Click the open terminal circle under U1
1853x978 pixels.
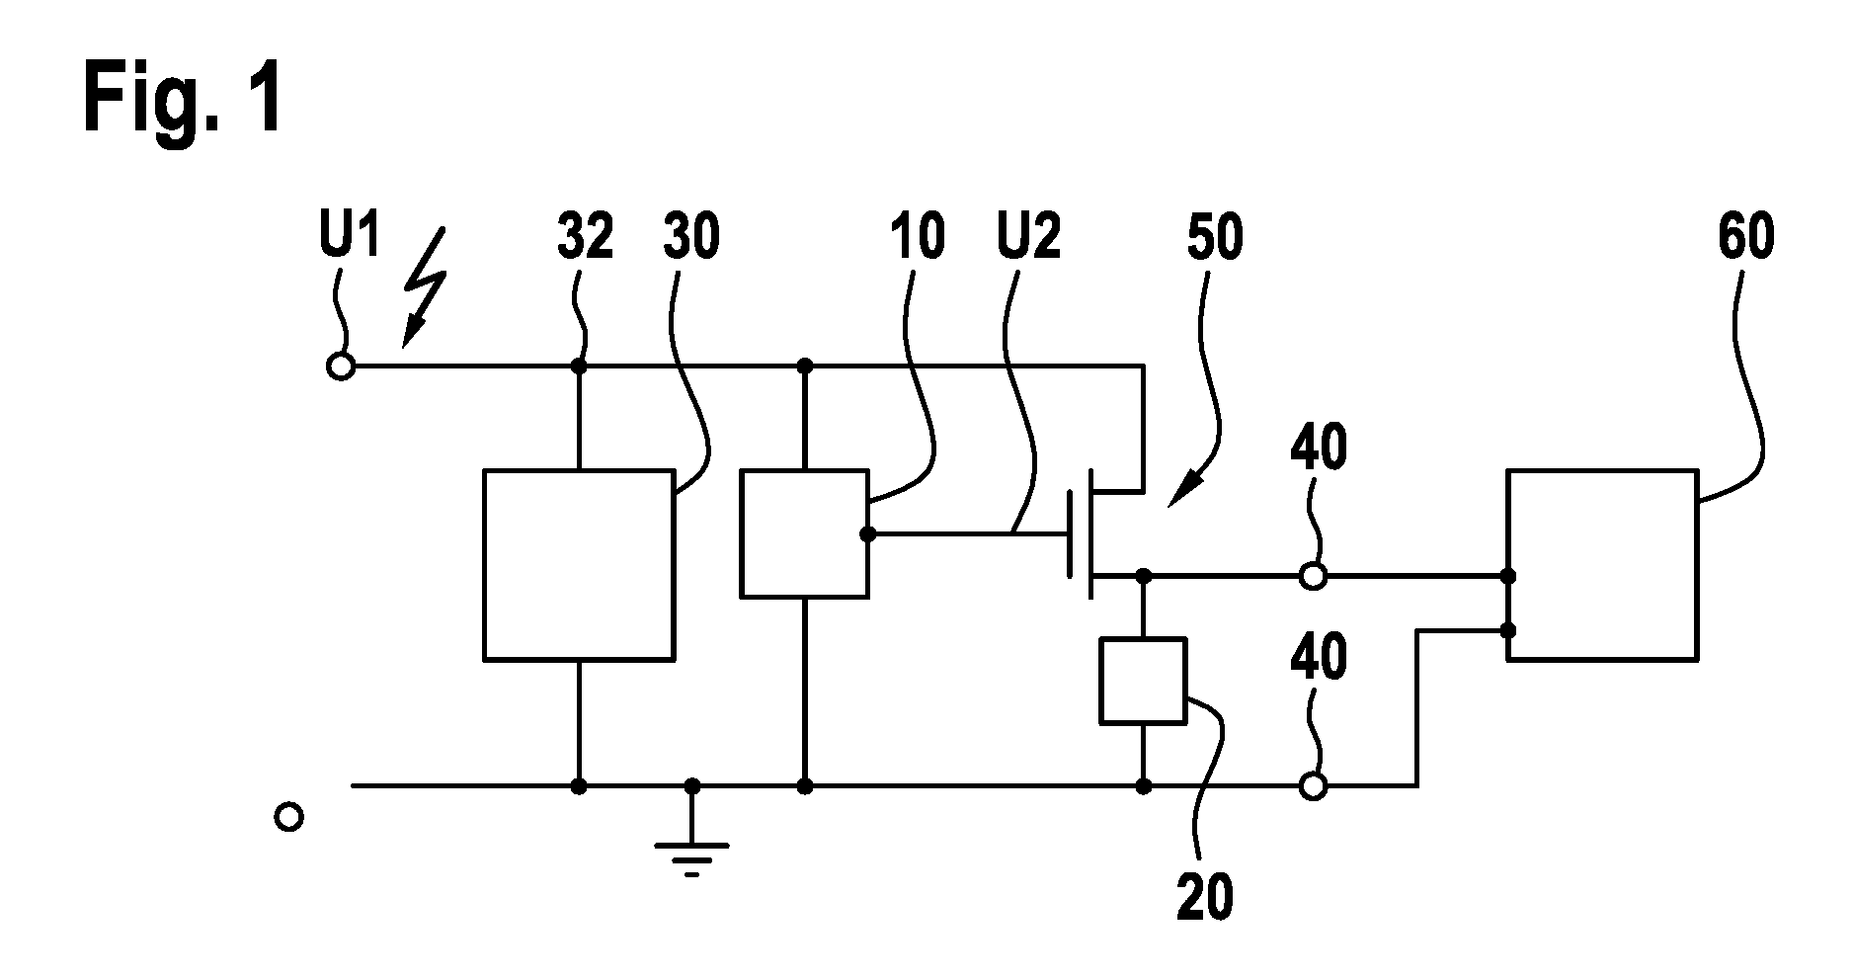(x=341, y=367)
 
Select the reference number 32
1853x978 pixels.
(x=586, y=238)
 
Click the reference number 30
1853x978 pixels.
(x=691, y=238)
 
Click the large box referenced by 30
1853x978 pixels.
(x=579, y=565)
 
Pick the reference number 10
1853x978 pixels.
(x=917, y=238)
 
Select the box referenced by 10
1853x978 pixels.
(x=805, y=534)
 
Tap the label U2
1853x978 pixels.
(x=1030, y=238)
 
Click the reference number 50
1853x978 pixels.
(x=1214, y=238)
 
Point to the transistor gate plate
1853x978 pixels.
(x=1070, y=534)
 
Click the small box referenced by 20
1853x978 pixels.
(x=1143, y=681)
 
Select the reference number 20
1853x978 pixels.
(x=1205, y=897)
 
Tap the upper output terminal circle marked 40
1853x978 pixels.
(x=1314, y=575)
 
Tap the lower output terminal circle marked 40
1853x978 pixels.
(x=1314, y=786)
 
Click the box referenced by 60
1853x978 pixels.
(x=1602, y=565)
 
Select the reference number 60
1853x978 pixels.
(x=1745, y=238)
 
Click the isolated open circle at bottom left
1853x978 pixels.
(x=288, y=817)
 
